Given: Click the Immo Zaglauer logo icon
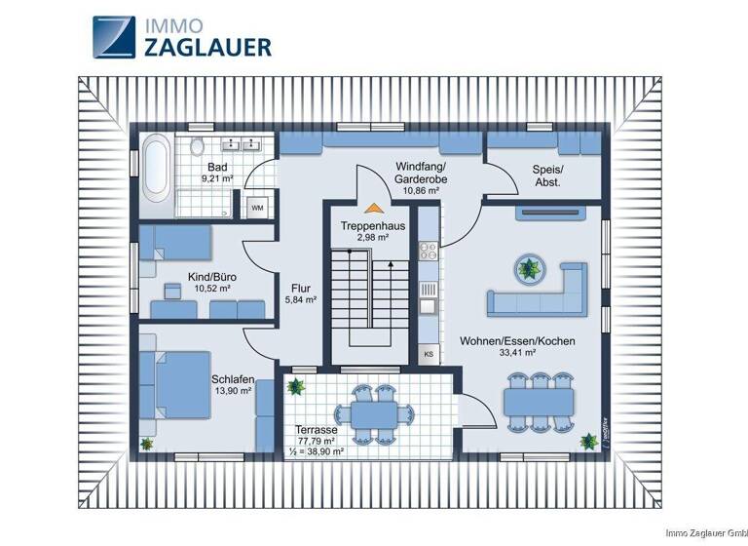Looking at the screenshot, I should tap(115, 37).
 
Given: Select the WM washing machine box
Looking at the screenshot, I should tap(257, 208).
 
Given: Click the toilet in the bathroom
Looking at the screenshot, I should tap(198, 147).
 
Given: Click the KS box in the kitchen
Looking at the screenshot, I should tap(430, 354).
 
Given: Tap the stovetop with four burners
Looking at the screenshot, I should tap(430, 251).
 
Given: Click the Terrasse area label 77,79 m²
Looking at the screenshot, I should tap(317, 441).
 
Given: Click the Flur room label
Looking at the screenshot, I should tap(301, 288).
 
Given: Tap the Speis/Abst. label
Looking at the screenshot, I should tap(546, 175).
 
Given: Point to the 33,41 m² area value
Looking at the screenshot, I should tap(518, 354).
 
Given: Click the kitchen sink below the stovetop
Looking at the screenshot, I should tap(429, 305).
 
